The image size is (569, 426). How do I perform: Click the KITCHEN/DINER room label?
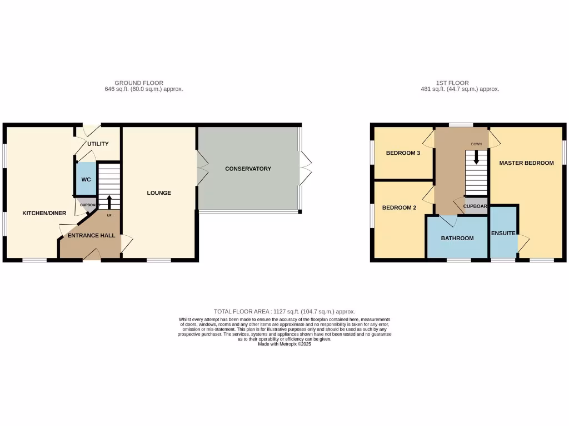[44, 213]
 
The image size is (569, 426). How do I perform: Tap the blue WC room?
[86, 179]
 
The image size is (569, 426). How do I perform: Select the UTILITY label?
[98, 144]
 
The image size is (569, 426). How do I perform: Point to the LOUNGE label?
[159, 193]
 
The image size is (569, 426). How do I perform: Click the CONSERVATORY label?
[248, 169]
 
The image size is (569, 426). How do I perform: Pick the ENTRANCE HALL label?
[91, 235]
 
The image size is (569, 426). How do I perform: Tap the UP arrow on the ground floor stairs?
[109, 202]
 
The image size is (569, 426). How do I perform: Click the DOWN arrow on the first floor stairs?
[476, 158]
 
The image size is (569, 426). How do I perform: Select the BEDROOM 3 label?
[403, 153]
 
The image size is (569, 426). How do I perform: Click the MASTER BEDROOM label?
[526, 163]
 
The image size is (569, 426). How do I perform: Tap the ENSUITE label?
[503, 233]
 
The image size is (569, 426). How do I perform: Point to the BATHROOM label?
[457, 238]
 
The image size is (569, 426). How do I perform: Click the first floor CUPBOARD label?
[476, 206]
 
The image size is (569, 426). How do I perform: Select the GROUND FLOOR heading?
[139, 83]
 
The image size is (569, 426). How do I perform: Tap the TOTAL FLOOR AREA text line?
[284, 312]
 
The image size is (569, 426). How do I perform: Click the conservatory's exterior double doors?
[305, 168]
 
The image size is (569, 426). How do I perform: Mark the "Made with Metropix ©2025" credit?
[284, 344]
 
